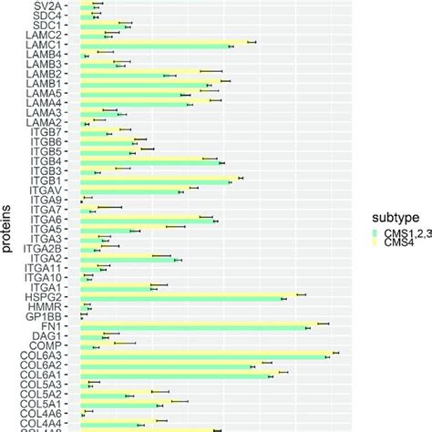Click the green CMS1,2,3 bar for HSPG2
tap(182, 299)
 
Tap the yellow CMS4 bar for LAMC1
tap(164, 42)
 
